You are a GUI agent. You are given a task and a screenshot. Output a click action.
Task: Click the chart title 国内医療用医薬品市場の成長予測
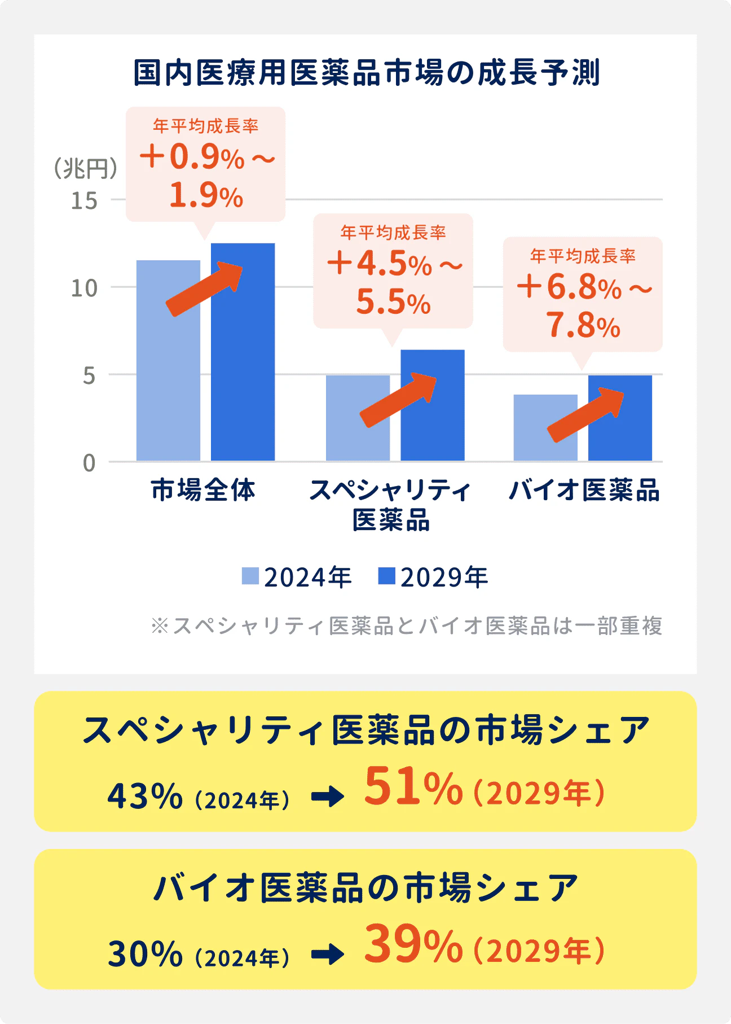tap(366, 73)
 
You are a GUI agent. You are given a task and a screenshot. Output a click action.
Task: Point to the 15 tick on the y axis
tap(84, 200)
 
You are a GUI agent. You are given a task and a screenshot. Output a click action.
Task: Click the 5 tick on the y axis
tap(89, 375)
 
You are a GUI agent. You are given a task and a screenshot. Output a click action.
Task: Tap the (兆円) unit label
tap(85, 168)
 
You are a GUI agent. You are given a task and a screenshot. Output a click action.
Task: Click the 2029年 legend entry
tap(433, 577)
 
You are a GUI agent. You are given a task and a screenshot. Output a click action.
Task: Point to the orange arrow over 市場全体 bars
tap(205, 288)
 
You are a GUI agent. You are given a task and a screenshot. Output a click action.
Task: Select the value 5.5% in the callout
tap(393, 302)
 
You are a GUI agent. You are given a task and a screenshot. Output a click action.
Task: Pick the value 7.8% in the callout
tap(583, 326)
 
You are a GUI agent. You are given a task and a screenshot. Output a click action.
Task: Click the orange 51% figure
tap(413, 787)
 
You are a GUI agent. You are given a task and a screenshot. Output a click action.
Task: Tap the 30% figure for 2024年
tap(145, 953)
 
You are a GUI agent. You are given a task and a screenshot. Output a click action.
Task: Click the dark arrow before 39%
tap(328, 954)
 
